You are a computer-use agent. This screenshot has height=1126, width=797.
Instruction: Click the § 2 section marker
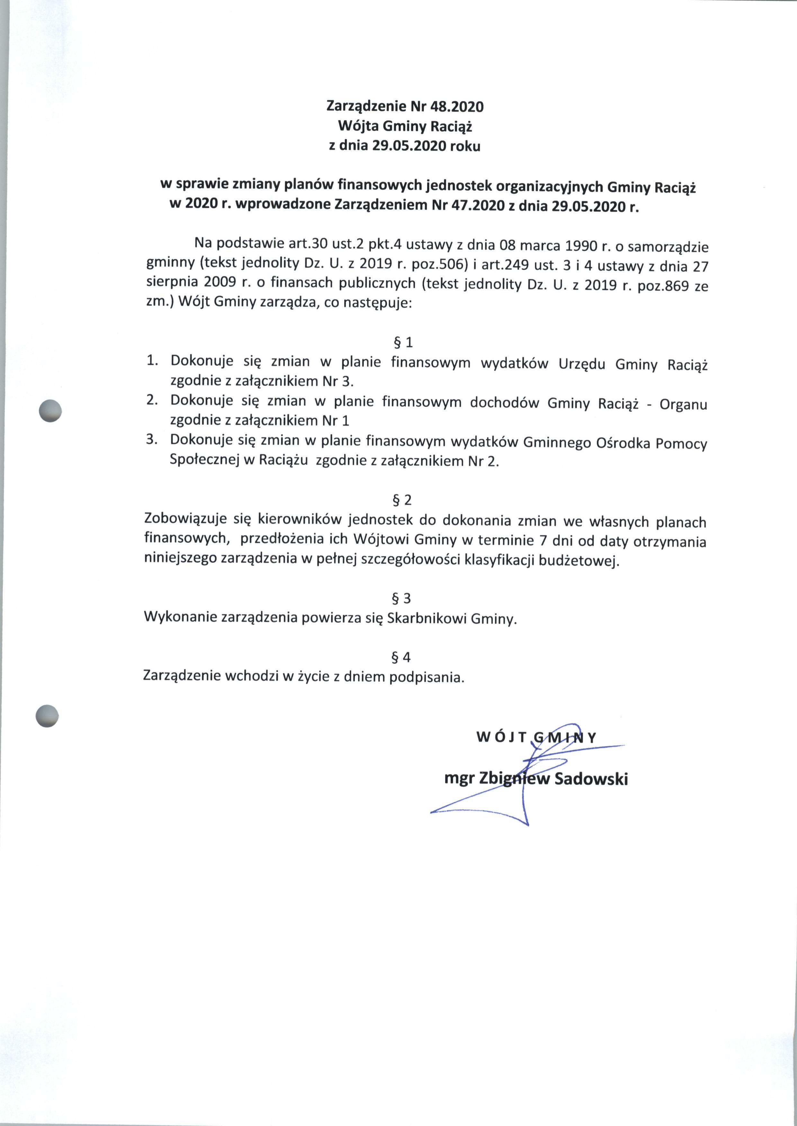[402, 500]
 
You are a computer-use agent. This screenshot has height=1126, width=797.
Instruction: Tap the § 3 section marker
[401, 599]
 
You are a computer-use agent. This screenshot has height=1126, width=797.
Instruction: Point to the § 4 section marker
[401, 657]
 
